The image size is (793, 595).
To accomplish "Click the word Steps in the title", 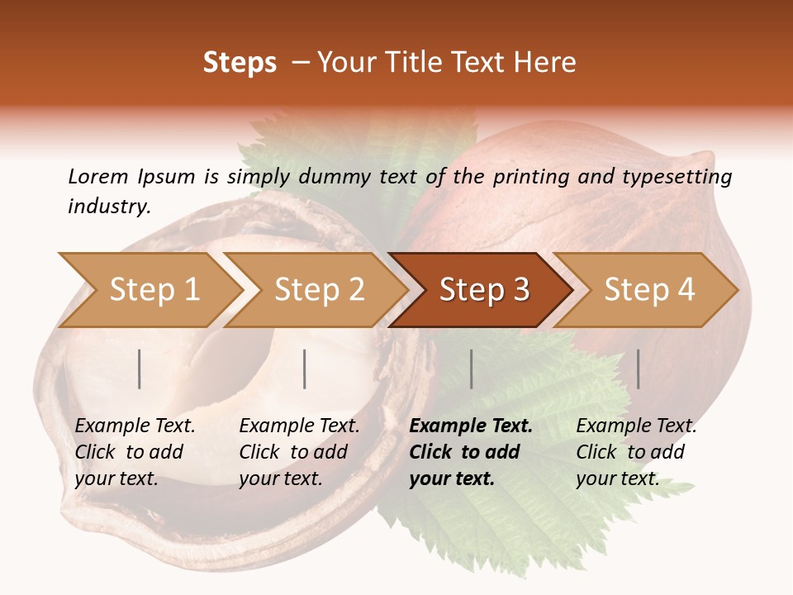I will [x=240, y=63].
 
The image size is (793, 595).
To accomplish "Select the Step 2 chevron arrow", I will [x=319, y=290].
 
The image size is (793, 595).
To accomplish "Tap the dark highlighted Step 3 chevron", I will [x=484, y=290].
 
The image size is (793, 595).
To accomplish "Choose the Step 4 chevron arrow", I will [x=649, y=290].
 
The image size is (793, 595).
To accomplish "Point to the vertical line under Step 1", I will [x=140, y=369].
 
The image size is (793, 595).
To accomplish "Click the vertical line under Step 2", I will [x=305, y=369].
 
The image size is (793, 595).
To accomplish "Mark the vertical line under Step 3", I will [x=472, y=369].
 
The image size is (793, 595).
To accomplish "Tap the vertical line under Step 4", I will [x=639, y=369].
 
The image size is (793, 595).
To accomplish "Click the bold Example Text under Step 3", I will [x=471, y=426].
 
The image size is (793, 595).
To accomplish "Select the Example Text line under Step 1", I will [x=135, y=426].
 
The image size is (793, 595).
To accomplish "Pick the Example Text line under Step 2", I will [x=299, y=426].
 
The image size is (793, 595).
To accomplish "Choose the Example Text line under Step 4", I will [x=636, y=426].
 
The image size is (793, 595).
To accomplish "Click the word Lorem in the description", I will [x=98, y=176].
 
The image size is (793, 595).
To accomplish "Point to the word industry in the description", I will [x=108, y=207].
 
